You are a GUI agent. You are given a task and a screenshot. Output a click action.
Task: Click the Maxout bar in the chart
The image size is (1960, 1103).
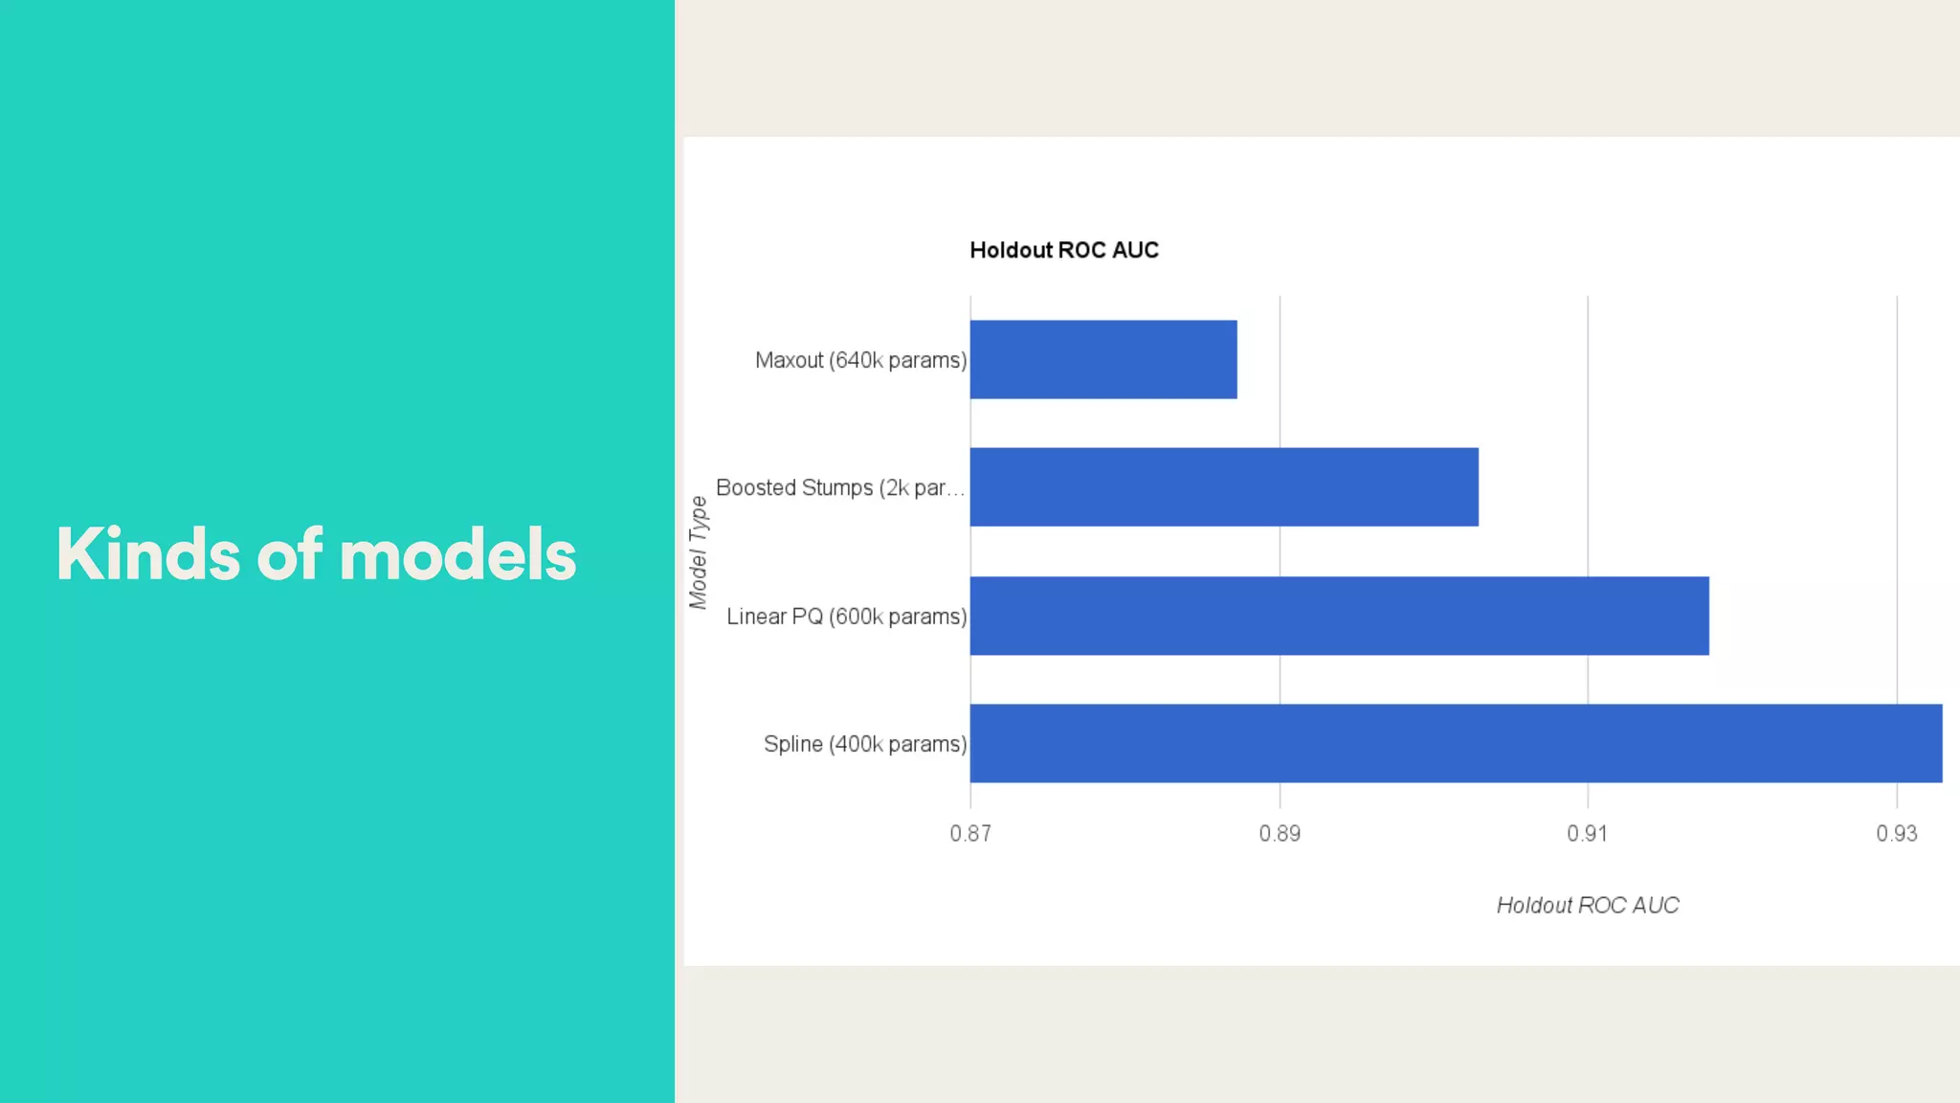(1102, 359)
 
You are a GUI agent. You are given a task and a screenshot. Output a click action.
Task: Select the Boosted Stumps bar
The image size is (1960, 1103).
(1223, 486)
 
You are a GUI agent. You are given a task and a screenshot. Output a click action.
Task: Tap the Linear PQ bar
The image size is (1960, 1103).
(1339, 616)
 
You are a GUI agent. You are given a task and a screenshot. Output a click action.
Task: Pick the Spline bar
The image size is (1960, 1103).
(1455, 743)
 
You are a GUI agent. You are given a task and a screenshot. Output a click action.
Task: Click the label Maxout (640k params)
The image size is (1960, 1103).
(860, 360)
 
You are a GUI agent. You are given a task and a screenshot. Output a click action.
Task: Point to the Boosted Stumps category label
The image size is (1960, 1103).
(839, 487)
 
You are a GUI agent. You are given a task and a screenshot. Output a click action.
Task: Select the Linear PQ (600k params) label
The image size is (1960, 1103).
(846, 616)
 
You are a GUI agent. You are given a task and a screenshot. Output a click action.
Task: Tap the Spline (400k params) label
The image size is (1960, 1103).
(864, 744)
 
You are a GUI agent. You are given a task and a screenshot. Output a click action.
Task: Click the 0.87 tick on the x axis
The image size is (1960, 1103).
(970, 833)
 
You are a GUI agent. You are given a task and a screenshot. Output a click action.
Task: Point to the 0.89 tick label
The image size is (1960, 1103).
(1280, 833)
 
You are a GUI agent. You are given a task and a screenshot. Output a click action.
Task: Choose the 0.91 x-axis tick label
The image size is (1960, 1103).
(1588, 833)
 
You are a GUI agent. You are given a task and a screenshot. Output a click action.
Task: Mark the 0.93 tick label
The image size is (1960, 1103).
(1896, 833)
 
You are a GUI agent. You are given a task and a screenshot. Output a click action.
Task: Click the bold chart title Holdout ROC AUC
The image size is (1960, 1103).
(1064, 250)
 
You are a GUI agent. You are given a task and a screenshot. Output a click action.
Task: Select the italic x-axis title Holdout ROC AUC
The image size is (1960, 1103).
(1588, 905)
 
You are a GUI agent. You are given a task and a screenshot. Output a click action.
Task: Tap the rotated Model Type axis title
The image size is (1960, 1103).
(699, 552)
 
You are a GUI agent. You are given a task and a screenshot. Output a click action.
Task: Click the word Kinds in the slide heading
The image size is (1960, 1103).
(148, 554)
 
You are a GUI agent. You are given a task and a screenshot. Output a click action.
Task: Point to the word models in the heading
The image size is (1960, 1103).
(457, 554)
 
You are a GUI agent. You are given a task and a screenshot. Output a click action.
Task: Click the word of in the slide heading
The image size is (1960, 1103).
(289, 554)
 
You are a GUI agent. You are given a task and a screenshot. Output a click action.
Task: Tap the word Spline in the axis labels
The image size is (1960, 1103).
(792, 744)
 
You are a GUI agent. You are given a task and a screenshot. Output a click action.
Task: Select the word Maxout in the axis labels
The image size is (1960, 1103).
(789, 360)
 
